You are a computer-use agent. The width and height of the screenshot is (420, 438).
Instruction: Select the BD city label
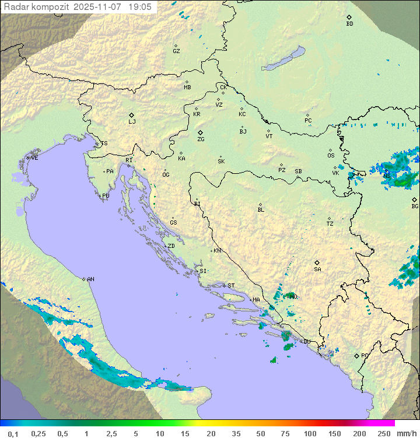tap(349, 24)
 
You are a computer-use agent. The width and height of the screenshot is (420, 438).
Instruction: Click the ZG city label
tap(201, 139)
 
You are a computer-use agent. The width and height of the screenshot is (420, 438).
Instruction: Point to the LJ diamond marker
tap(132, 115)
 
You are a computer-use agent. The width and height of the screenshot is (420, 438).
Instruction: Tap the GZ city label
tap(176, 51)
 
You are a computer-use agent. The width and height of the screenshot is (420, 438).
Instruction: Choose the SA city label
tap(317, 269)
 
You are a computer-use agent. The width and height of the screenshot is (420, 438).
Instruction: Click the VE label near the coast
tap(34, 158)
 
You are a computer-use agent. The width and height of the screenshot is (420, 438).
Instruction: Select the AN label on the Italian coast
tap(90, 279)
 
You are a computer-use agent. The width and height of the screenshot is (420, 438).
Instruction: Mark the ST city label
tap(231, 286)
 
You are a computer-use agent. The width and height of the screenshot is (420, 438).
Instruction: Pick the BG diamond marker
tap(415, 199)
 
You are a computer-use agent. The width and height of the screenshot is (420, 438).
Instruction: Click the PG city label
tap(365, 355)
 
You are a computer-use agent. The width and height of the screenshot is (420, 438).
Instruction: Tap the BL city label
tap(261, 209)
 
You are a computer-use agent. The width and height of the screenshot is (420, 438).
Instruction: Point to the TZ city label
tap(330, 223)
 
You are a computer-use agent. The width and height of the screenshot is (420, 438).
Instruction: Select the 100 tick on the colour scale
tap(310, 433)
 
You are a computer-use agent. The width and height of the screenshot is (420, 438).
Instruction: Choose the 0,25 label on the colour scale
tap(38, 433)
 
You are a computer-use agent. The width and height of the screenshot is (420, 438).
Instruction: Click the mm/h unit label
tap(406, 433)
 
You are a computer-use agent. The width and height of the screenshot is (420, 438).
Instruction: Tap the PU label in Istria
tap(106, 196)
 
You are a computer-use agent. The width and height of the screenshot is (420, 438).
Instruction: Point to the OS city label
tap(331, 156)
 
